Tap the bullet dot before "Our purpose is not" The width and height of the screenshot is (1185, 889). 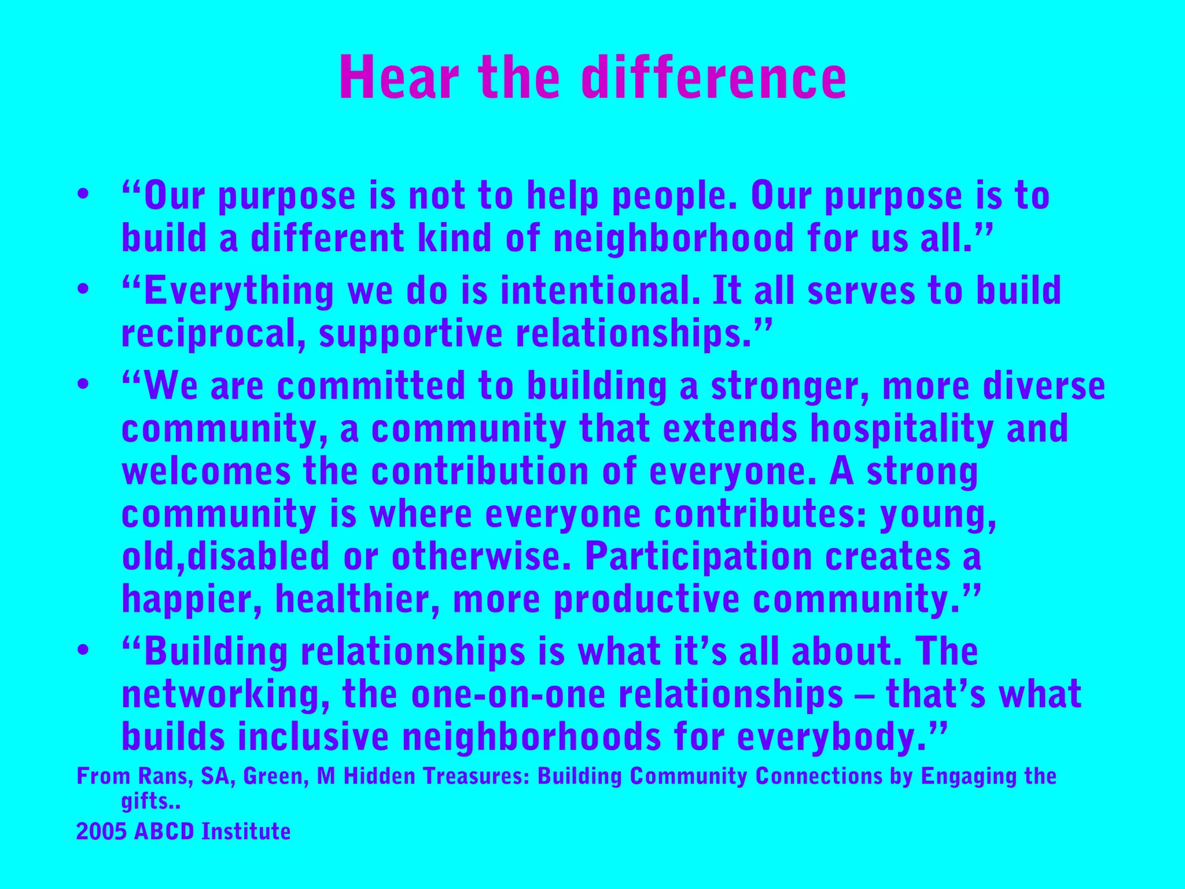point(83,194)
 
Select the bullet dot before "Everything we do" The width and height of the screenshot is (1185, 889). point(83,289)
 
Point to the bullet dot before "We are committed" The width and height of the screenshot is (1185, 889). point(83,385)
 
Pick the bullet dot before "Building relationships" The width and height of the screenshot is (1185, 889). point(83,650)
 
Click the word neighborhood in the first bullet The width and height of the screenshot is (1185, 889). point(673,238)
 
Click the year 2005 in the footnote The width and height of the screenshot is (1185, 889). point(101,832)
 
